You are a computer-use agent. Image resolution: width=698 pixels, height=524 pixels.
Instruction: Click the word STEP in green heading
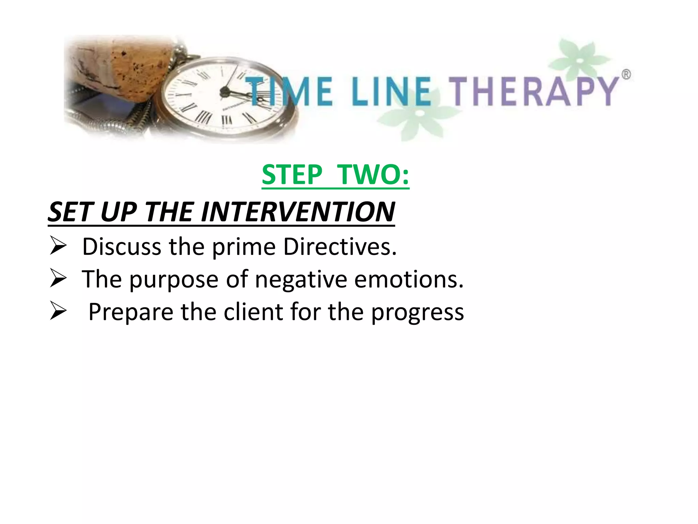[x=292, y=175]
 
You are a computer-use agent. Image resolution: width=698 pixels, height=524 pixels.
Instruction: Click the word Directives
[x=340, y=246]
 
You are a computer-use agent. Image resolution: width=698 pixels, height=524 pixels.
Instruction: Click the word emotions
[x=409, y=279]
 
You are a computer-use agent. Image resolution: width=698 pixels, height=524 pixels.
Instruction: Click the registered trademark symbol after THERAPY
[x=626, y=74]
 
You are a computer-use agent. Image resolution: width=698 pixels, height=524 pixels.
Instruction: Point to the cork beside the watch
[x=116, y=68]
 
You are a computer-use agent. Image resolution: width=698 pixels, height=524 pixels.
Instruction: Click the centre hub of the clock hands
[x=225, y=91]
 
